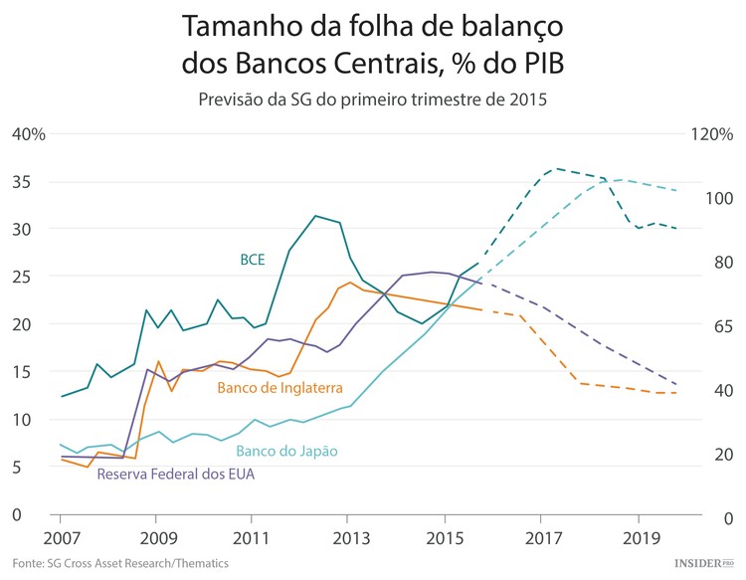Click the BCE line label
(x=253, y=260)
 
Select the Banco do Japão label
(x=281, y=451)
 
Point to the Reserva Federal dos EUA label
(x=175, y=474)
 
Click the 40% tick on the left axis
(x=30, y=134)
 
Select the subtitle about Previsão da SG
(x=373, y=99)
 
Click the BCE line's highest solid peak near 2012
(x=315, y=216)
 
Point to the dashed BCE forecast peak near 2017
(x=555, y=168)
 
